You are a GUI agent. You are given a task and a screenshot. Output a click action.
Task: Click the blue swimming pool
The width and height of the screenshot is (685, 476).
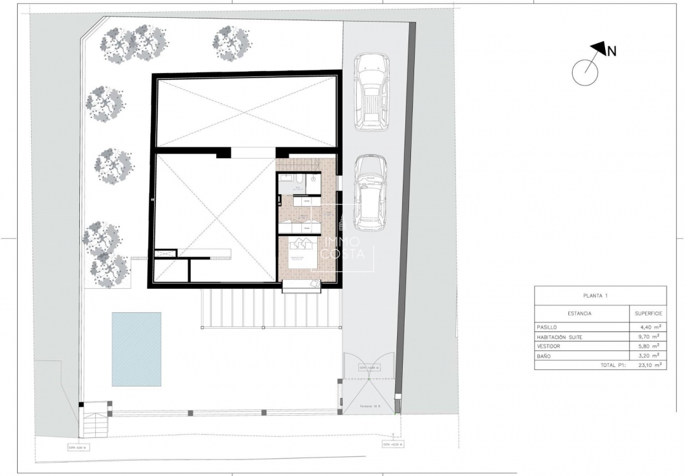(136, 348)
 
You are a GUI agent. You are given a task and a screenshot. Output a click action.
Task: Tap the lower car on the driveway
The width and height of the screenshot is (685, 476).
(370, 192)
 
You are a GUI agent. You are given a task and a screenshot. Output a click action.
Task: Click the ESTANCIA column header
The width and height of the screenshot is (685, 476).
(580, 314)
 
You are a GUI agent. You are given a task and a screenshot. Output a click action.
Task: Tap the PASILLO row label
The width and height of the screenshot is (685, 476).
(547, 327)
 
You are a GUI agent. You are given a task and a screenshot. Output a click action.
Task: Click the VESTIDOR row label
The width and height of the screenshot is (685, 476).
(549, 347)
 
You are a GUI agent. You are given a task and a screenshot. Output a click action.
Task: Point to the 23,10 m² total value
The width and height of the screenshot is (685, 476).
(648, 366)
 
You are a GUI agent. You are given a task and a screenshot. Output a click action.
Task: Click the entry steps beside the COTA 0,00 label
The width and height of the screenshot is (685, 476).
(95, 422)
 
